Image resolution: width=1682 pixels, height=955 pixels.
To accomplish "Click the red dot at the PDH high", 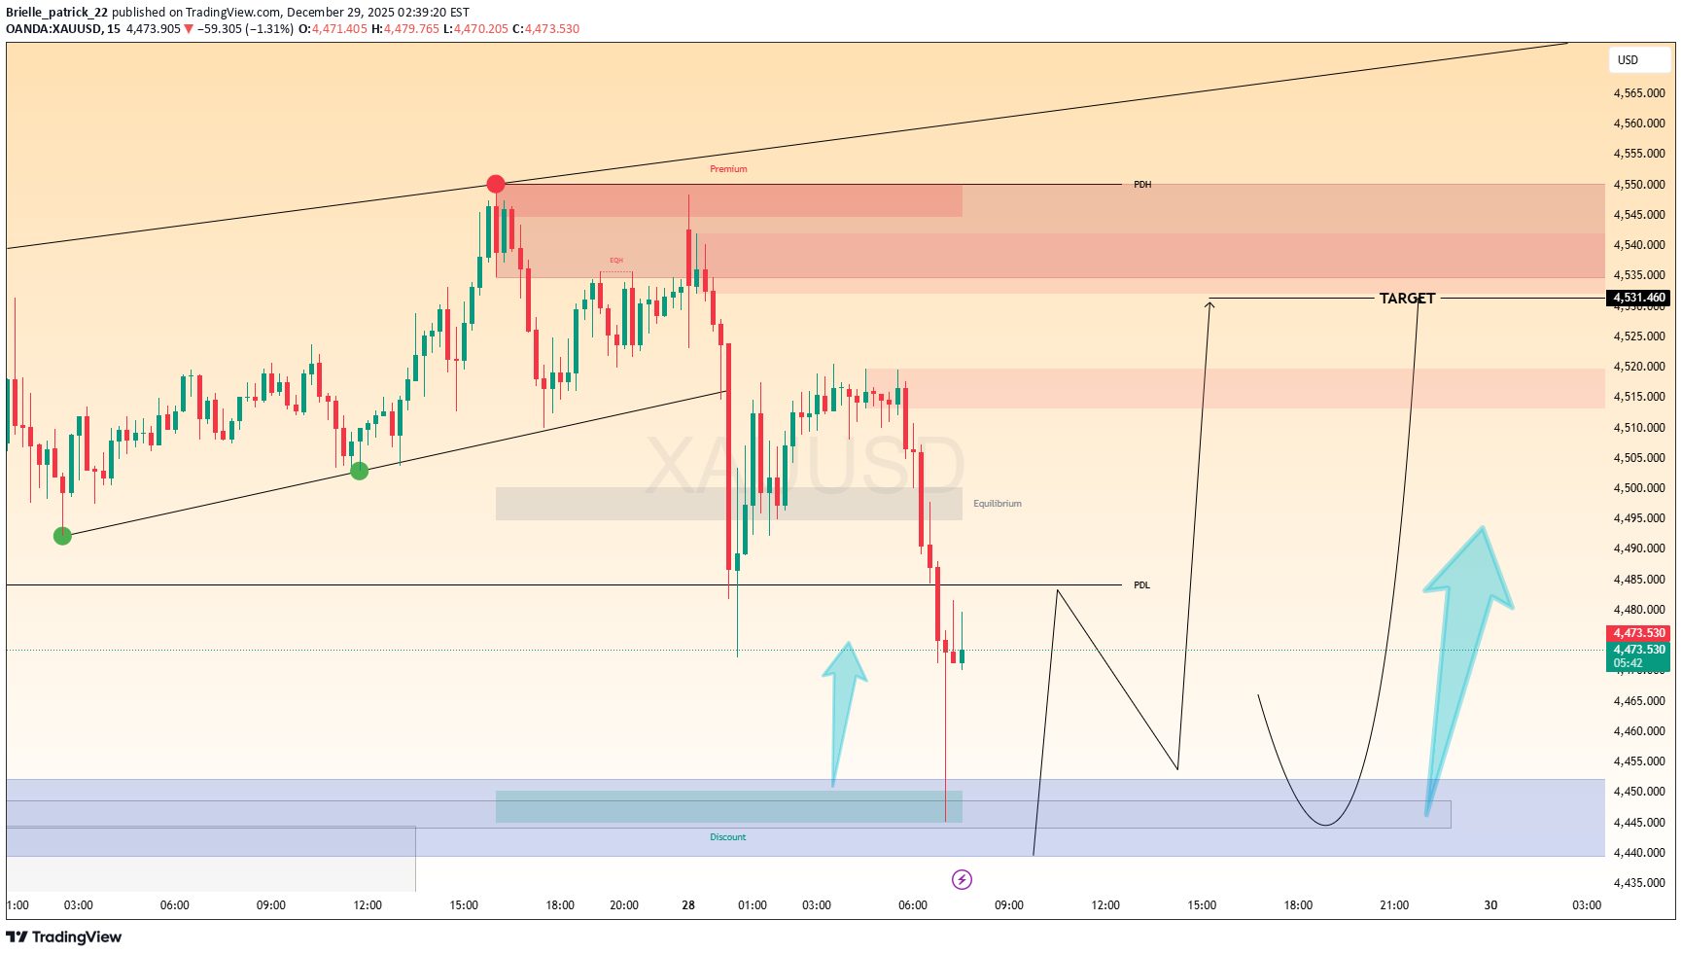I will coord(496,184).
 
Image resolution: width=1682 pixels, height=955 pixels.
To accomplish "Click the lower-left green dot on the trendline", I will coord(62,536).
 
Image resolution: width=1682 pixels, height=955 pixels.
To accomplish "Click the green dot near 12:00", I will coord(360,471).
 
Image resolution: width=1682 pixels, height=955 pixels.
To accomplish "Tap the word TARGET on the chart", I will coord(1407,299).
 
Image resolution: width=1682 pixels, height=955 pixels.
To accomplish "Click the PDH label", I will coord(1142,185).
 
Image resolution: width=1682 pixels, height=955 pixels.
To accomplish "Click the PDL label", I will coord(1141,585).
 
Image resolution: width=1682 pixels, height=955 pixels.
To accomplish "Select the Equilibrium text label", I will coord(998,504).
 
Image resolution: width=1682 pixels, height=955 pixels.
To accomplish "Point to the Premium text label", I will coord(728,169).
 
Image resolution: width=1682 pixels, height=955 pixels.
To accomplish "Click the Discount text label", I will coord(728,837).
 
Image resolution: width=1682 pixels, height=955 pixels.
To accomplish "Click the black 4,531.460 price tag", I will coord(1639,298).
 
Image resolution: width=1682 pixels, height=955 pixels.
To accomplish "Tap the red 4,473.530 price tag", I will coord(1639,633).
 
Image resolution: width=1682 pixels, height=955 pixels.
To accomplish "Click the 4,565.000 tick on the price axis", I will coord(1639,93).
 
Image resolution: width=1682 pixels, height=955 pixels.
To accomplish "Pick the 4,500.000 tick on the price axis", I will coord(1639,488).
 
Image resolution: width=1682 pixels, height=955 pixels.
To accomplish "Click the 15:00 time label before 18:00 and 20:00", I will coord(464,905).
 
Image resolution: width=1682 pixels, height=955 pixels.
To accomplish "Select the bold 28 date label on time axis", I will coord(688,905).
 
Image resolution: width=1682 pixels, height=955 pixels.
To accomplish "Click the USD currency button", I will coord(1629,60).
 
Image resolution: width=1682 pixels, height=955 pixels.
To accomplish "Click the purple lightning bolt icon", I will coord(962,880).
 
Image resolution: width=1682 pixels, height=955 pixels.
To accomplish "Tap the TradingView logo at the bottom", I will coord(64,937).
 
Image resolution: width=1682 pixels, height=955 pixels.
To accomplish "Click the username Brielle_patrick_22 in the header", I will coord(56,13).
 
